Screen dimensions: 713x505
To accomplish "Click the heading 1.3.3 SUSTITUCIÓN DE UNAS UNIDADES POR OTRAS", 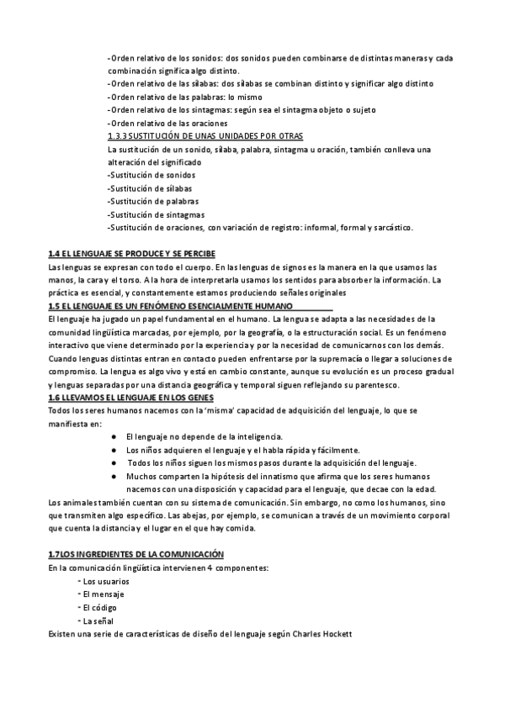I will (205, 135).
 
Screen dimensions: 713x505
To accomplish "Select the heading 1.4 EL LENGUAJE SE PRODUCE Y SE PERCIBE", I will (132, 253).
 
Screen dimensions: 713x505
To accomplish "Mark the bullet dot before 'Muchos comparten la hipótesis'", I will (113, 476).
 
